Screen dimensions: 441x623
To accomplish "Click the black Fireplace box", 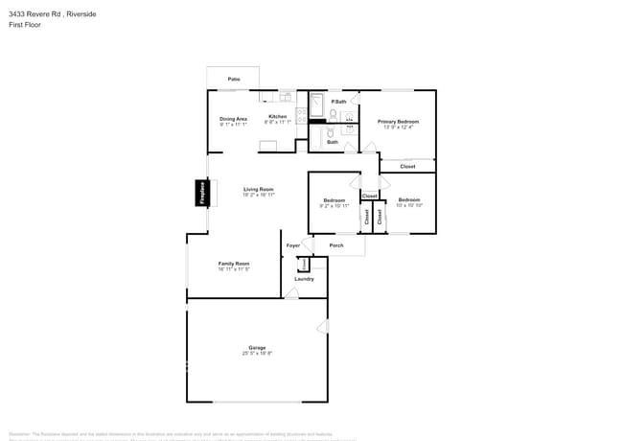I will point(202,192).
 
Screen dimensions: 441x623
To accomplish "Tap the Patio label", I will point(233,79).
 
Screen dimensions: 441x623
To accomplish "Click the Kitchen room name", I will point(277,118).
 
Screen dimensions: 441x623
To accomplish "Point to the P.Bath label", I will point(338,102).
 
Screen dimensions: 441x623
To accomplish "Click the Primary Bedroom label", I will point(398,121).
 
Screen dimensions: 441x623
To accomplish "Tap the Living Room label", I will point(259,189).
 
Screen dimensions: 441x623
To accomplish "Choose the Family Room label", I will point(234,264).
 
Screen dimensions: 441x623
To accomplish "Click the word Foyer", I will point(293,245).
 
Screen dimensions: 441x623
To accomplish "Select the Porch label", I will point(336,245).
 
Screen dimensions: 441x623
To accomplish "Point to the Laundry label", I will point(304,279).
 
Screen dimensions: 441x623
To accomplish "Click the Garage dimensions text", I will point(257,354).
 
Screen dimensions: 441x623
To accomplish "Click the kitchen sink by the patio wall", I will point(284,97).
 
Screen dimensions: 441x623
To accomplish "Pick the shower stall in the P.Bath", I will point(317,103).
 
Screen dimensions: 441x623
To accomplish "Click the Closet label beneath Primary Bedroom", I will point(407,166).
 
